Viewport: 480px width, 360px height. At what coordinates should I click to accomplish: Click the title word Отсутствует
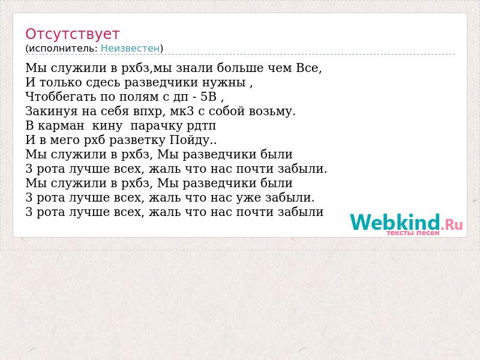click(72, 34)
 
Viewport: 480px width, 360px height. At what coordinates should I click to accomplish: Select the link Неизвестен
click(130, 48)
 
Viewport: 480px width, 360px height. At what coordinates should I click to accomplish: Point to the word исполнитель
click(63, 49)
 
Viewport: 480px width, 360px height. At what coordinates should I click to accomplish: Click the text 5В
click(208, 97)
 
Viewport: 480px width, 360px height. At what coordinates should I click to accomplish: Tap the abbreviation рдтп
click(200, 126)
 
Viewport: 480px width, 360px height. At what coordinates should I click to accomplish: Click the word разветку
click(137, 140)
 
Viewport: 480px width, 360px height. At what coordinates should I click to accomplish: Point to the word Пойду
click(190, 140)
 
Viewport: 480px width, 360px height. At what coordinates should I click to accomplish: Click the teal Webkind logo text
click(395, 222)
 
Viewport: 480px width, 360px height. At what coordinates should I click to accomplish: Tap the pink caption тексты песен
click(413, 233)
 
